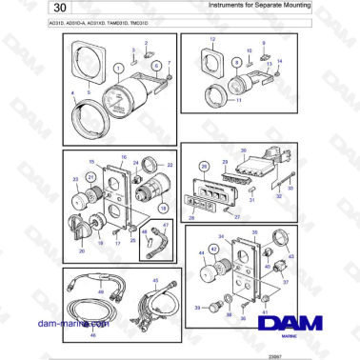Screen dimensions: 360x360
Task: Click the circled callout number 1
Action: coord(117,70)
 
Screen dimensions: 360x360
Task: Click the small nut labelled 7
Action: coord(168,78)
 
